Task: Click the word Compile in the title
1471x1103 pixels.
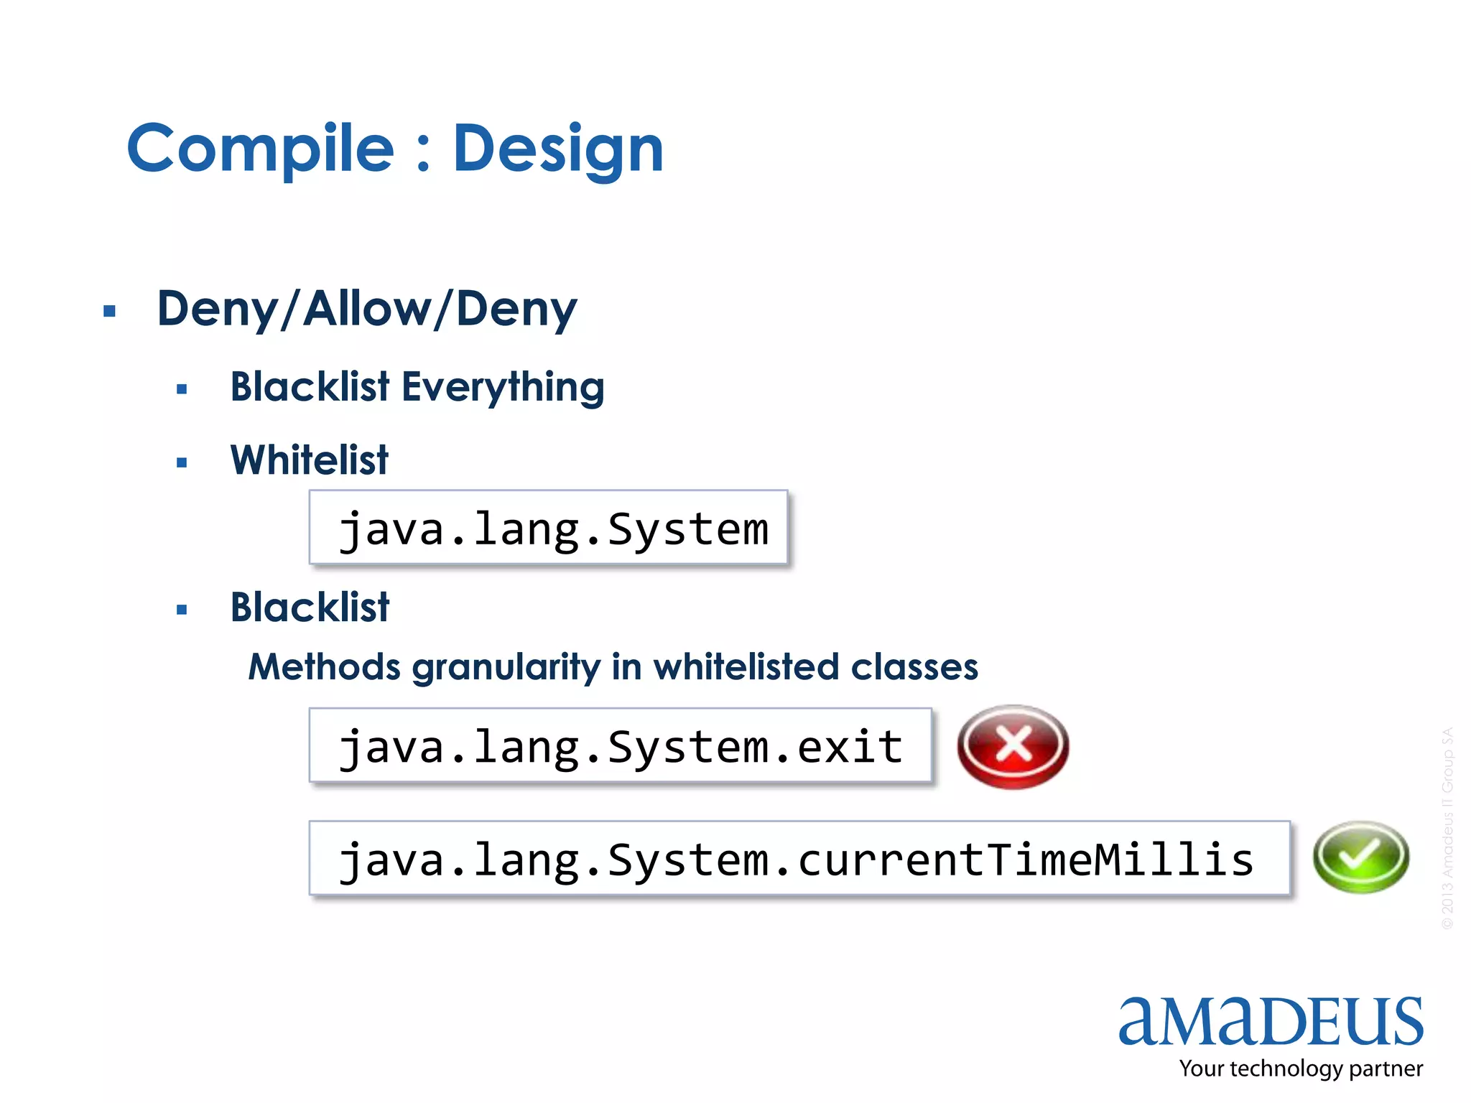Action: click(x=260, y=149)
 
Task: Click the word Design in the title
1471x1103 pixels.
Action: click(x=558, y=149)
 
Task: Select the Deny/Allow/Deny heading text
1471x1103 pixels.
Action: click(x=367, y=309)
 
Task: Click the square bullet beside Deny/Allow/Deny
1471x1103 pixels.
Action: click(x=109, y=312)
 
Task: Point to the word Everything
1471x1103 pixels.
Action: click(x=503, y=388)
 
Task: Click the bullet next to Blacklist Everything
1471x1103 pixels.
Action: click(x=182, y=390)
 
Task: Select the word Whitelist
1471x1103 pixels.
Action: click(x=309, y=460)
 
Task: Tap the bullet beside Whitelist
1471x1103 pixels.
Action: click(x=182, y=463)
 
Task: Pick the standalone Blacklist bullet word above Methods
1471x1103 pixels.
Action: click(x=310, y=608)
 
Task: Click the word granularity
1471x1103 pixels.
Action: click(x=506, y=667)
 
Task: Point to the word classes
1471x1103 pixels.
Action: click(x=914, y=667)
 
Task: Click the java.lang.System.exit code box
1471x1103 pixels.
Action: click(x=621, y=746)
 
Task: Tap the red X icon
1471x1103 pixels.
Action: click(x=1013, y=746)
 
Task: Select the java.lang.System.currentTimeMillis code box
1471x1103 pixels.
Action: click(x=799, y=859)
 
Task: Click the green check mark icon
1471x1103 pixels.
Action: click(x=1360, y=857)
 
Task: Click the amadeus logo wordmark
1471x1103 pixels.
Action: click(x=1271, y=1021)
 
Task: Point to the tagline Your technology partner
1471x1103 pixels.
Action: click(x=1301, y=1069)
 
